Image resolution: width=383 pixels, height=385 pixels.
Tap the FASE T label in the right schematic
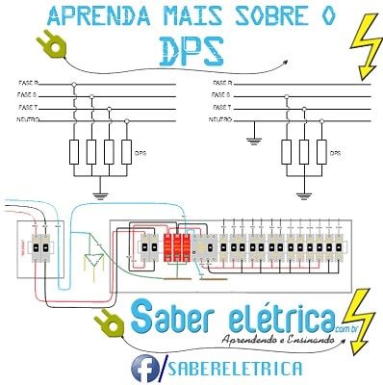point(220,108)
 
